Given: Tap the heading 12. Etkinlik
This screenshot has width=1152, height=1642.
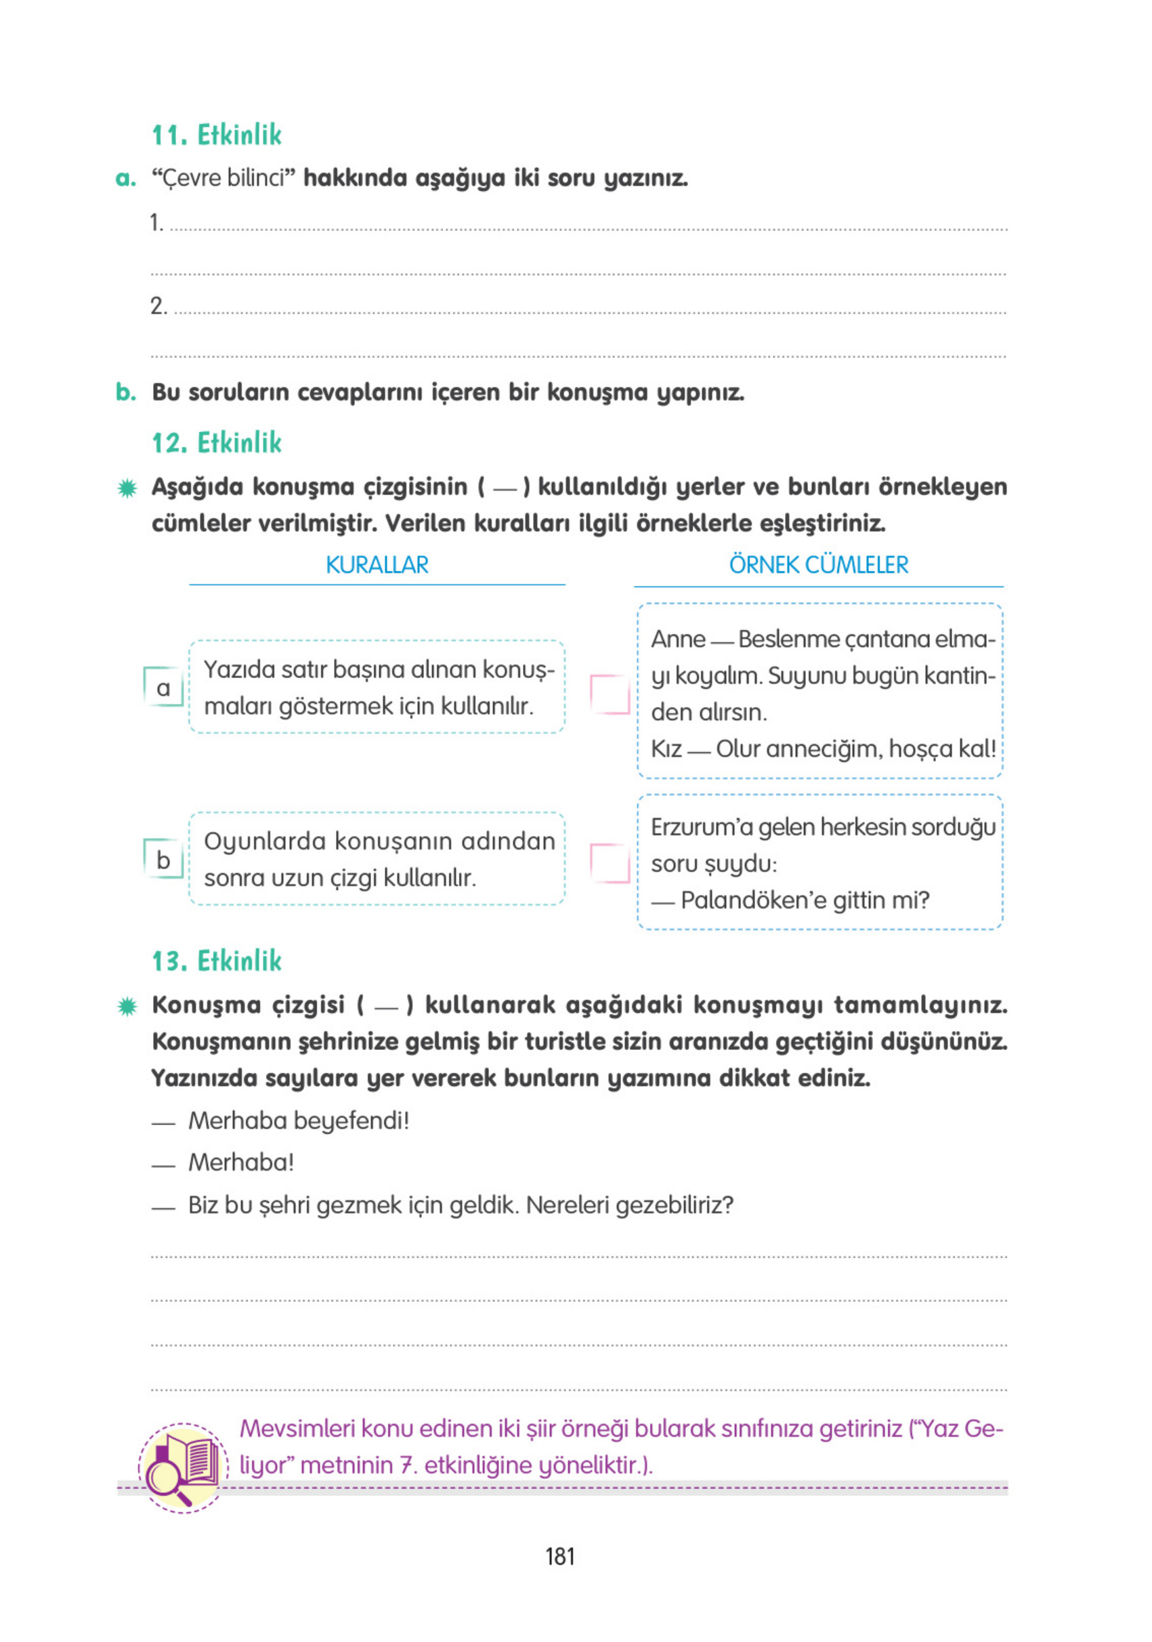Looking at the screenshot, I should coord(217,443).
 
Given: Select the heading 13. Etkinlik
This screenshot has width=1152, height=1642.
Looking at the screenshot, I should coord(217,961).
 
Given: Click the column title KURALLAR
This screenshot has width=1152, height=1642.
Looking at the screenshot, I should coord(377,565).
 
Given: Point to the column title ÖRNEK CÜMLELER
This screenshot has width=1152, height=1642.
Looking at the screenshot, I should coord(818,565).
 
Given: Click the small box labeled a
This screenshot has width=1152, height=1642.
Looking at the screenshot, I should coord(164,688).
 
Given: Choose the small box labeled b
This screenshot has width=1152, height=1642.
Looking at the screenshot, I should coord(164,859).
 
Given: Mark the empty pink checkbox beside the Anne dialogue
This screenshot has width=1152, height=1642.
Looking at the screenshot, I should coord(610,694).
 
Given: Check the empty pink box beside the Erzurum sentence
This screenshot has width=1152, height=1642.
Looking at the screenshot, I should coord(610,863).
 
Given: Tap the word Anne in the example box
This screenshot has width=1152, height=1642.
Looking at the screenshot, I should coord(677,639).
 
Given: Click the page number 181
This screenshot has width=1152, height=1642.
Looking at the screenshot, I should coord(559,1557).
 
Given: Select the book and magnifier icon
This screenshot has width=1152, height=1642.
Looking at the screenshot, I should coord(183,1467).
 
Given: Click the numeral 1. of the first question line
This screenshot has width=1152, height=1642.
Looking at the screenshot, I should coord(156,223).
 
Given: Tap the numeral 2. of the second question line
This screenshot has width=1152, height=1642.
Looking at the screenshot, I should coord(158,306).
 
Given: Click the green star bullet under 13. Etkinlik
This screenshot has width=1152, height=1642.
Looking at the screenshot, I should coord(127,1007).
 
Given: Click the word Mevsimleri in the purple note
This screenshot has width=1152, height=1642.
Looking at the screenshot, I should coord(297,1429).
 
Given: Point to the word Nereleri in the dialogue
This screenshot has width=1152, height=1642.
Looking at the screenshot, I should coord(568,1205).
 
